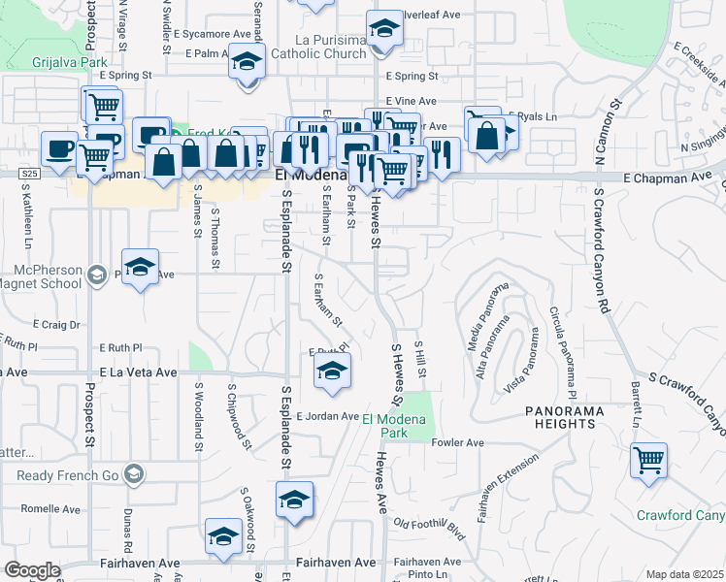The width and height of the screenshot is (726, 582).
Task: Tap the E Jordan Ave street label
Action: tap(328, 416)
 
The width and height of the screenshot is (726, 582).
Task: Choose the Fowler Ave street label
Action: tap(457, 443)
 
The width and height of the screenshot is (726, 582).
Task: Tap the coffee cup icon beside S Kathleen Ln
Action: tap(61, 147)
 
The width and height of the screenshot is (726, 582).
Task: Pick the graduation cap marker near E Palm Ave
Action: tap(247, 61)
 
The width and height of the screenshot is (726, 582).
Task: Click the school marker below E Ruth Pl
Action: tap(332, 371)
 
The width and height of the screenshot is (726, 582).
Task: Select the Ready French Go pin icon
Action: tap(134, 474)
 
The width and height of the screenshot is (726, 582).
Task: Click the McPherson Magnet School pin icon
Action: tap(96, 275)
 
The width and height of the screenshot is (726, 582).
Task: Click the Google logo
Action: tap(32, 570)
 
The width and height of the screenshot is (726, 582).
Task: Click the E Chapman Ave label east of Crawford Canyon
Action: tap(660, 178)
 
